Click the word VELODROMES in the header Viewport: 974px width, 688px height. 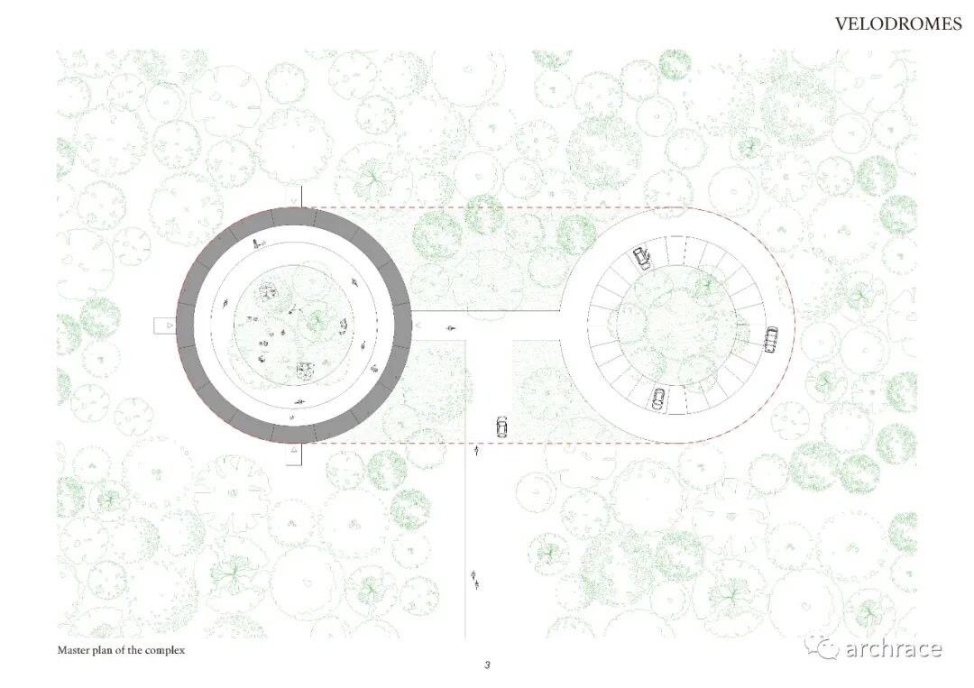[898, 24]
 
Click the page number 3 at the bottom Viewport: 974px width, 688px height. [488, 665]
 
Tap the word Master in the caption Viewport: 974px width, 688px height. [72, 651]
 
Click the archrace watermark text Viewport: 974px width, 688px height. [893, 649]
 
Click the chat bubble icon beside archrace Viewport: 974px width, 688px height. [823, 647]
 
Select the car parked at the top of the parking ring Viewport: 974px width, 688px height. [642, 258]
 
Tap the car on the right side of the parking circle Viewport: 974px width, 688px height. [771, 340]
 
